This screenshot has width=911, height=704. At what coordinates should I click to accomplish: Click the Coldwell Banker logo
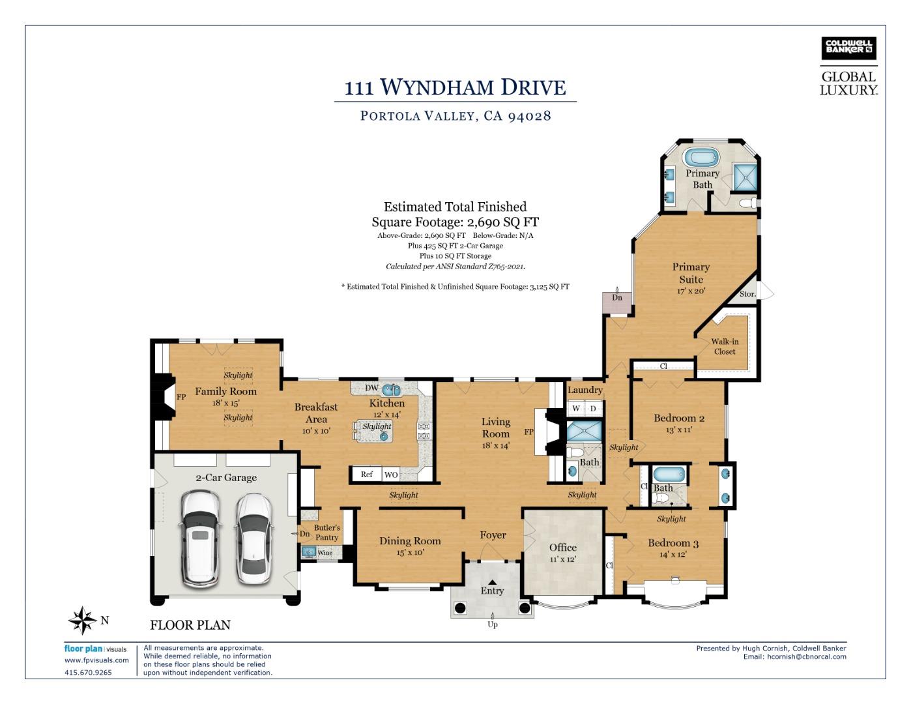coord(848,49)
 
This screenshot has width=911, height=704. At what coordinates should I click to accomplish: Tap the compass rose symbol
coord(83,620)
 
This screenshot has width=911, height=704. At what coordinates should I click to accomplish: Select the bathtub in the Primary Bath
coord(701,158)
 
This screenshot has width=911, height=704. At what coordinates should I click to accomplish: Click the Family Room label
coord(225,391)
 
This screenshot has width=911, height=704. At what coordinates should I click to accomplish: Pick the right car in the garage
coord(253,539)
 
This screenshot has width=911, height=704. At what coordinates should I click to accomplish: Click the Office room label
coord(562,547)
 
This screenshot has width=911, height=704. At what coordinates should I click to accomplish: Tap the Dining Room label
coord(410,541)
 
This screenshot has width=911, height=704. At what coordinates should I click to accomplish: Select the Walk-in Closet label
coord(725,346)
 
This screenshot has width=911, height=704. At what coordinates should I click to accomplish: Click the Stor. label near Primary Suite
coord(747,294)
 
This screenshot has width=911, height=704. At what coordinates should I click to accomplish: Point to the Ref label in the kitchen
coord(366,475)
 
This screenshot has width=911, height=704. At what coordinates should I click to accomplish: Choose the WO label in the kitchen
coord(391,475)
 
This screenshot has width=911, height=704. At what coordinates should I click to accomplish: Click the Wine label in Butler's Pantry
coord(325,553)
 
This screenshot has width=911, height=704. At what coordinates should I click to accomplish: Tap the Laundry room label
coord(585,390)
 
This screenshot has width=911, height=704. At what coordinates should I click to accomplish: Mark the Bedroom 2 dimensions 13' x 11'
coord(679,430)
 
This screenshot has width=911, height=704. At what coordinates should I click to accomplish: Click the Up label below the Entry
coord(493,624)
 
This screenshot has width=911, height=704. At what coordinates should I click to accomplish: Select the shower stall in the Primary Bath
coord(745,177)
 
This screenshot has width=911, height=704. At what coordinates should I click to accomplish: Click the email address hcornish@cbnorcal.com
coord(807,656)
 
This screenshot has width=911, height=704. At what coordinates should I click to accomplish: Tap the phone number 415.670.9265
coord(88,672)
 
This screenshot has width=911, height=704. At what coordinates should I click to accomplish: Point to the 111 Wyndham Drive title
coord(455,87)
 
